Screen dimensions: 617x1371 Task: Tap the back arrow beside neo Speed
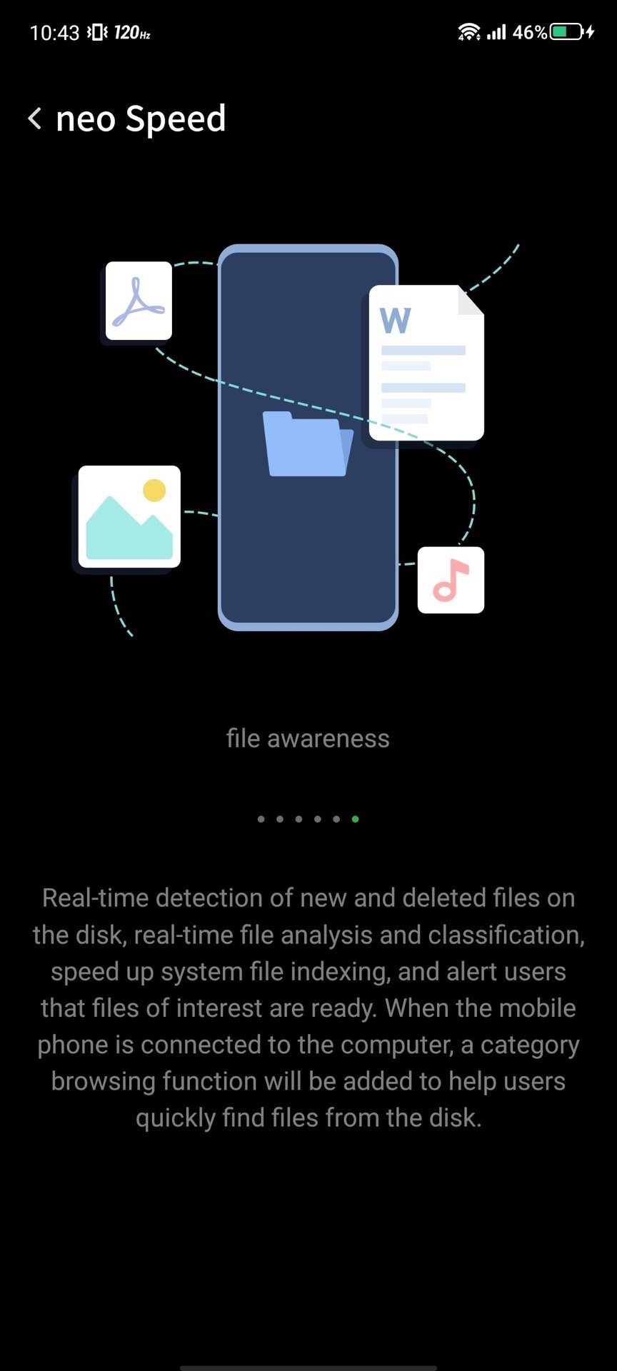click(x=34, y=118)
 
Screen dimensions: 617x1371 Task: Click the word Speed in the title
click(x=176, y=119)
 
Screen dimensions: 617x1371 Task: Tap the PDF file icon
click(x=139, y=301)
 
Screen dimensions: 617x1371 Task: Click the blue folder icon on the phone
click(x=308, y=443)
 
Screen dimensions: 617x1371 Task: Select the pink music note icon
click(x=451, y=580)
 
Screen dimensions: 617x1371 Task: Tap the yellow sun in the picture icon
click(x=154, y=490)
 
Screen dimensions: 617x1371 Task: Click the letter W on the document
click(x=395, y=320)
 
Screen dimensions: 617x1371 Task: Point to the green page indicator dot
click(x=355, y=819)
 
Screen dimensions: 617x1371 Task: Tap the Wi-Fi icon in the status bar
click(x=469, y=32)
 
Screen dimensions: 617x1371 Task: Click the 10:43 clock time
click(x=54, y=33)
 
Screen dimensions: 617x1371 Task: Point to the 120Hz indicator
click(x=132, y=32)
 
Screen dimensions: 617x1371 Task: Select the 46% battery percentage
click(x=530, y=32)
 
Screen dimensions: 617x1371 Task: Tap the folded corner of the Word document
click(x=471, y=300)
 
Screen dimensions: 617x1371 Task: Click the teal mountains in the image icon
click(x=129, y=530)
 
